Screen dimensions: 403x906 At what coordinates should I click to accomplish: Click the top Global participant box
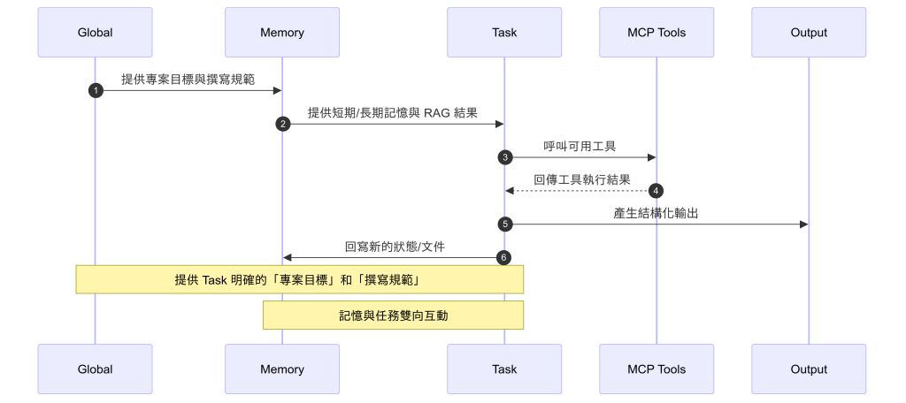(95, 33)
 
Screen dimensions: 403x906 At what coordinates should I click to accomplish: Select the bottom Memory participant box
(282, 369)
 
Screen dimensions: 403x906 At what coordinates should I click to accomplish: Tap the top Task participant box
(504, 33)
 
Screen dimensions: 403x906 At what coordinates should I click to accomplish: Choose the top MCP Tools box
(656, 33)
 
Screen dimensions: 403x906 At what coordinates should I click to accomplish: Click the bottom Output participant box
(809, 369)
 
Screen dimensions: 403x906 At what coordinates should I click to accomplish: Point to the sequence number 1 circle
(96, 90)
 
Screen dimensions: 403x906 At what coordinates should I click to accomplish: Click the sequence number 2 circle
(282, 124)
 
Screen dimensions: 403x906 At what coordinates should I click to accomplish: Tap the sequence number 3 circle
(505, 157)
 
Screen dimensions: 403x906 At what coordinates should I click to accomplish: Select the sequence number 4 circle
(656, 191)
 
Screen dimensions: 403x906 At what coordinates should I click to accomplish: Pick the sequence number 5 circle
(505, 224)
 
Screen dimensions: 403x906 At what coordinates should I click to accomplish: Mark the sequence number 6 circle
(504, 257)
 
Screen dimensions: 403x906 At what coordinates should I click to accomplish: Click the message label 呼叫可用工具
(580, 146)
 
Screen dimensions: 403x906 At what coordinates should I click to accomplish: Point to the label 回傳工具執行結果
(581, 179)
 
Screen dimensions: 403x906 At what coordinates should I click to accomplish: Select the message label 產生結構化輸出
(656, 213)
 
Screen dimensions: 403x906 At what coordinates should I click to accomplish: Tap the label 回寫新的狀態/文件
(394, 247)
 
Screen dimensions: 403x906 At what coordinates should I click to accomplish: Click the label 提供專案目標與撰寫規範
(188, 80)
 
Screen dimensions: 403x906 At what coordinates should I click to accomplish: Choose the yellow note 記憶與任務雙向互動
(393, 315)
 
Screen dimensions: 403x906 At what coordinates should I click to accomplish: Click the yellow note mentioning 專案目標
(300, 280)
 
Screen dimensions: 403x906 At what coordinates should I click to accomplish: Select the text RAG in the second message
(438, 113)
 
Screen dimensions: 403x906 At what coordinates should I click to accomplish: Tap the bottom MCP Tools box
(656, 369)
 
